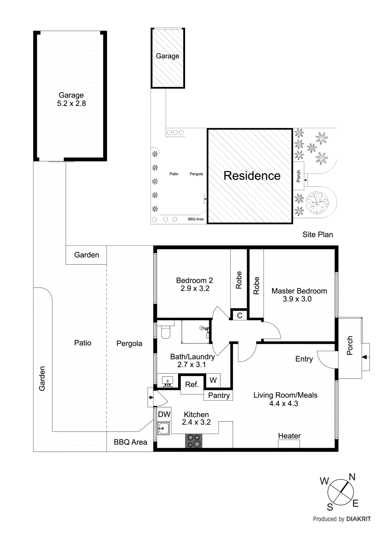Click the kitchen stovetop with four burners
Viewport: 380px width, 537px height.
[194, 441]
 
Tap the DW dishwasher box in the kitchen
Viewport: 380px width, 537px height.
[164, 414]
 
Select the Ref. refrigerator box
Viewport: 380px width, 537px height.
[192, 384]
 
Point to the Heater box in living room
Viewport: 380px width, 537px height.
[289, 443]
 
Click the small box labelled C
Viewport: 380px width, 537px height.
[240, 315]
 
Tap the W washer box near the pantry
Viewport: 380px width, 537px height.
[213, 380]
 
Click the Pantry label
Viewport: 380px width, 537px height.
[219, 395]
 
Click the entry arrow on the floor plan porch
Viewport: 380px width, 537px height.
[365, 357]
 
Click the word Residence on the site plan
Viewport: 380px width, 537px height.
[252, 176]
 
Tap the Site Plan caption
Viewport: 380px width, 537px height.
[318, 235]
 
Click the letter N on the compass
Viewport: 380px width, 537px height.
[352, 477]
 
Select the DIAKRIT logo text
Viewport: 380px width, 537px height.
[358, 519]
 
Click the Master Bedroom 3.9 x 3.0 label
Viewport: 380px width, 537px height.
[299, 295]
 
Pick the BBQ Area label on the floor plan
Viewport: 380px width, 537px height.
[130, 442]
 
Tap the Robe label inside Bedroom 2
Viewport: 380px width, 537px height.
[239, 280]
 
